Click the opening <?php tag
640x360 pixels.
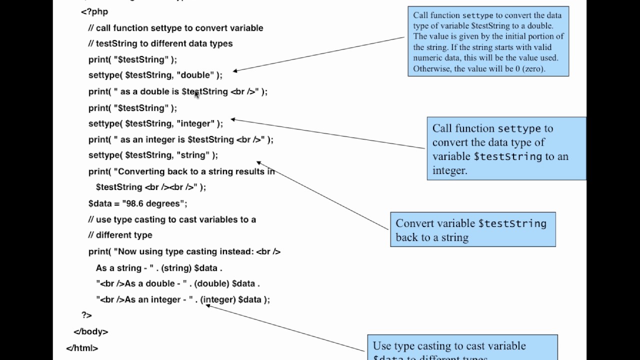coord(94,11)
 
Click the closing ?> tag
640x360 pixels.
coord(86,315)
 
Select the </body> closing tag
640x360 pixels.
coord(90,331)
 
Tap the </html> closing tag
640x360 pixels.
coord(81,348)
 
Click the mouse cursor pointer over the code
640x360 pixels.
coord(196,94)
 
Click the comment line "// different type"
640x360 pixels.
coord(120,235)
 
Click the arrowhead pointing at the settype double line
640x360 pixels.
coord(235,71)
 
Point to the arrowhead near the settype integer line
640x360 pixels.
coord(233,119)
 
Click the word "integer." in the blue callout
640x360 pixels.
coord(449,170)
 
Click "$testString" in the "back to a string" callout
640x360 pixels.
coord(512,223)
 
